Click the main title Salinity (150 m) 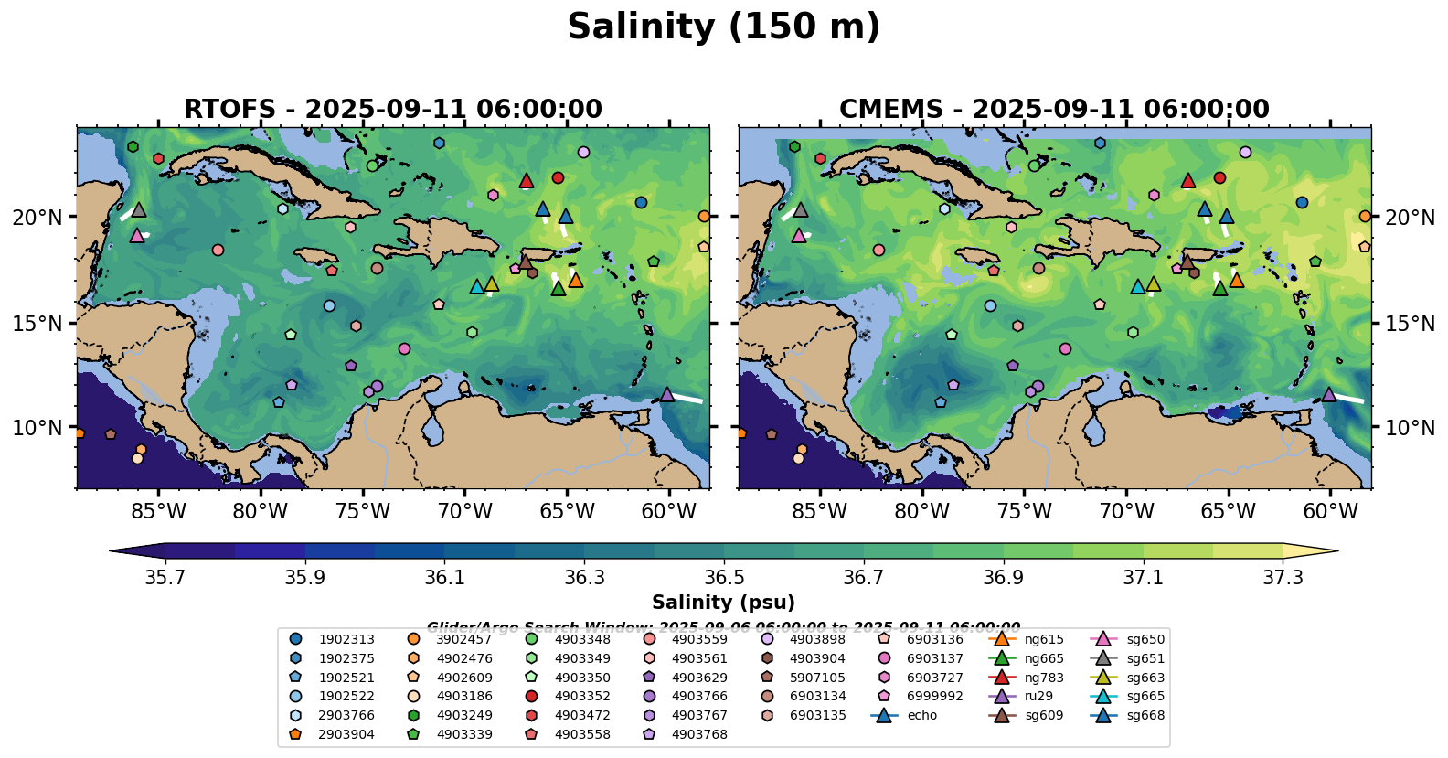[723, 27]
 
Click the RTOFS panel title [393, 110]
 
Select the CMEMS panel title [1054, 110]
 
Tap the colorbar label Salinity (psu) [723, 603]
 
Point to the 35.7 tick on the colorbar [165, 578]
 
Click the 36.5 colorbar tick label [724, 578]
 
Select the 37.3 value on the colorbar [1283, 578]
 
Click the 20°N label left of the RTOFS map [37, 218]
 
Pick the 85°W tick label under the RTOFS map [158, 511]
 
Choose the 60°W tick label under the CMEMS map [1330, 511]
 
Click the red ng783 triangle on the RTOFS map [526, 181]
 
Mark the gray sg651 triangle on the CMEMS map [800, 210]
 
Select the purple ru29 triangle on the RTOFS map [666, 395]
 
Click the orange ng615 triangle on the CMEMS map [1236, 281]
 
